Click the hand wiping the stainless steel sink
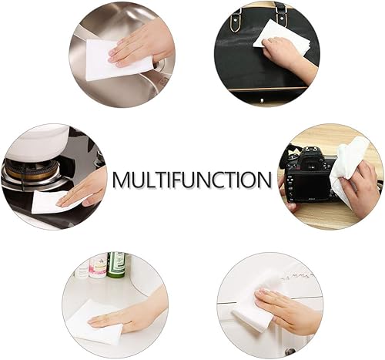coord(142,42)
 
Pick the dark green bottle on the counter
coord(116,264)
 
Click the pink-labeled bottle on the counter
coord(98,266)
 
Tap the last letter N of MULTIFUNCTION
coord(263,180)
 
